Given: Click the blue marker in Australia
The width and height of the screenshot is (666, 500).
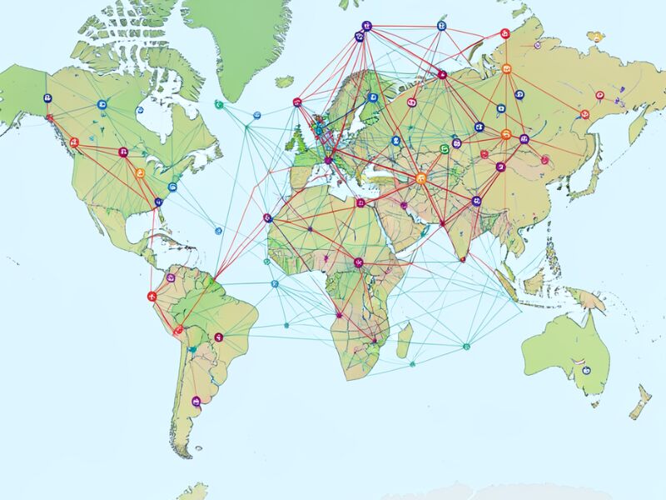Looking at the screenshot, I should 584,370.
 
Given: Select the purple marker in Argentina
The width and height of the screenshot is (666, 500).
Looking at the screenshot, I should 196,401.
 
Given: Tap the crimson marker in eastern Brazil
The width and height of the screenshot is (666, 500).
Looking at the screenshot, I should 219,337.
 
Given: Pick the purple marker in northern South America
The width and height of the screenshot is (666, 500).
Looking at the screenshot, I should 171,277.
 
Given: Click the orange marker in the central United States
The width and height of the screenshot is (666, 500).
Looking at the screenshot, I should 139,173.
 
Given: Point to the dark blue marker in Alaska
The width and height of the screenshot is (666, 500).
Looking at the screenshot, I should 47,98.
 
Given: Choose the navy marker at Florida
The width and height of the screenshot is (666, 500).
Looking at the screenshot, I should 157,202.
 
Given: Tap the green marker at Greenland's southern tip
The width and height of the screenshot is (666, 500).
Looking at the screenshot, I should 219,105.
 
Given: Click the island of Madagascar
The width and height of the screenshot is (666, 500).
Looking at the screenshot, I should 405,340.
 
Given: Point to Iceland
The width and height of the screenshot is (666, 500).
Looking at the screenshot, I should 285,82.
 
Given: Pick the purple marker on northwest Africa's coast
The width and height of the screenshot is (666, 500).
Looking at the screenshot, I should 267,218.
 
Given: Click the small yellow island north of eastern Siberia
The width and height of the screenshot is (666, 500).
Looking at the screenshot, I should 595,37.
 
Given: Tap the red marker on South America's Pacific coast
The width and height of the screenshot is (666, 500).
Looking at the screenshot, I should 152,296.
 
